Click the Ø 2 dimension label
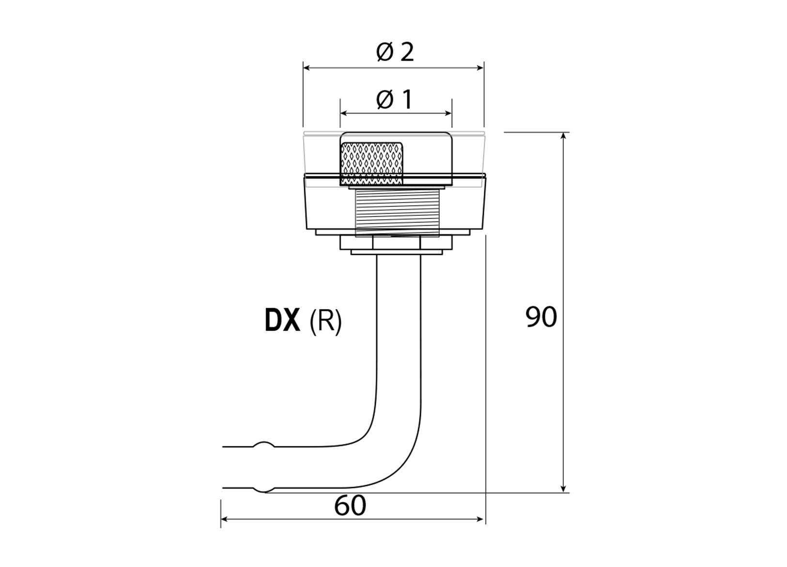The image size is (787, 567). tap(395, 52)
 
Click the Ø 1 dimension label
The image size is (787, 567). tap(394, 100)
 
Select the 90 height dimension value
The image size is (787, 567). tap(541, 317)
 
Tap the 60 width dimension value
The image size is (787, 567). tap(350, 506)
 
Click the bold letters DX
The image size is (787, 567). tap(282, 320)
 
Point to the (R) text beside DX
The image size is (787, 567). tap(325, 321)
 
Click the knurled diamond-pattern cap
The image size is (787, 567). tap(371, 163)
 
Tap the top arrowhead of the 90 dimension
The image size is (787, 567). tap(563, 136)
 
